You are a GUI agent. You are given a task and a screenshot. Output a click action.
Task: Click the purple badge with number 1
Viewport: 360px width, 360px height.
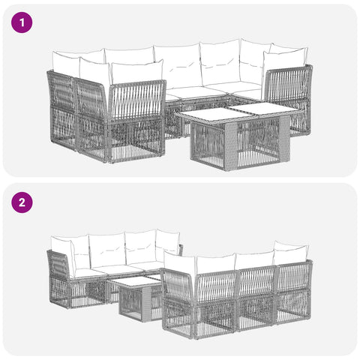point(22,22)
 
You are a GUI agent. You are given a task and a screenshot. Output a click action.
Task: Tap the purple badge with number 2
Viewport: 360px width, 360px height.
point(22,202)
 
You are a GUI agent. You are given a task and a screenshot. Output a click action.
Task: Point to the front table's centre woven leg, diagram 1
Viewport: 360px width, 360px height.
point(231,146)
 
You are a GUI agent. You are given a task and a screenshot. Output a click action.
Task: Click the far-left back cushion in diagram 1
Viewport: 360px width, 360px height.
point(65,63)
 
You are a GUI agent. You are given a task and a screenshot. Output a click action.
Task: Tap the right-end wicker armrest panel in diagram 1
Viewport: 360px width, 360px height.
point(287,100)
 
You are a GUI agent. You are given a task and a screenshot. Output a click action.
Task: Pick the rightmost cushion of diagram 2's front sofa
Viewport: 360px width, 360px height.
point(291,253)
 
